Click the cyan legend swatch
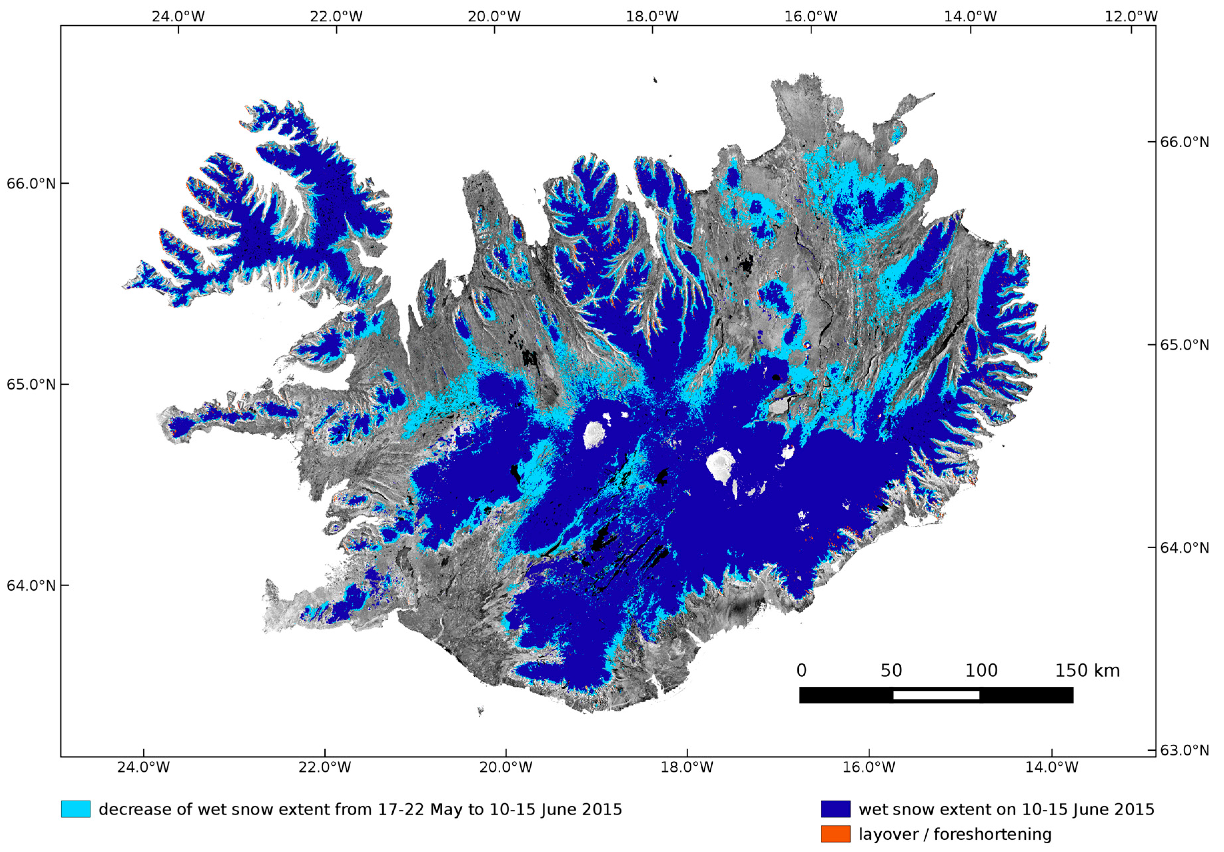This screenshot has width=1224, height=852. point(76,809)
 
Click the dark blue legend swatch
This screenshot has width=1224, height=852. point(835,809)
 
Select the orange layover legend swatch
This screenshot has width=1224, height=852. point(835,834)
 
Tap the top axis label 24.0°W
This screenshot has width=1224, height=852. point(178,17)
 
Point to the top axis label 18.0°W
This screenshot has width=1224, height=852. point(652,17)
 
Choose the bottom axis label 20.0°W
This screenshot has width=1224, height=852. point(505,767)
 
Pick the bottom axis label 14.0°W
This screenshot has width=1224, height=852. point(1051,767)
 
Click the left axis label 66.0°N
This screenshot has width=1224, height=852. point(31,184)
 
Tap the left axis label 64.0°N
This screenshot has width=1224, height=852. point(31,586)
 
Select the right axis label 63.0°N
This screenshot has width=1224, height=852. point(1185,750)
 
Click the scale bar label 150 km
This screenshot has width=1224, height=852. point(1087,671)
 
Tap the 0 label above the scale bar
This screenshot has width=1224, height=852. point(801,671)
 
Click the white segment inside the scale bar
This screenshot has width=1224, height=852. point(936,695)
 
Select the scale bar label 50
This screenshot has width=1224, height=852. point(891,671)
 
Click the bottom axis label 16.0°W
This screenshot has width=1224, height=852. point(869,767)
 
